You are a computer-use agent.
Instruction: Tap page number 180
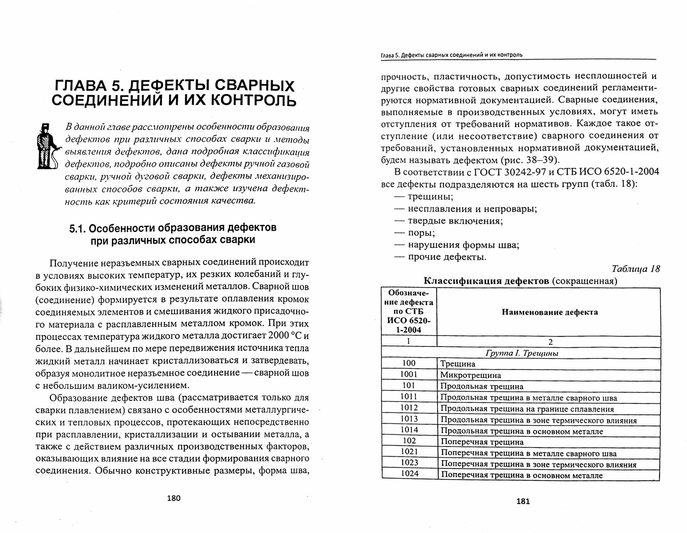pos(173,498)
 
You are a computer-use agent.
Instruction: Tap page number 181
pos(523,501)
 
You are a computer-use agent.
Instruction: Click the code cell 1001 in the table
pos(409,375)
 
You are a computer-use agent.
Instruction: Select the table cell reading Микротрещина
pos(471,375)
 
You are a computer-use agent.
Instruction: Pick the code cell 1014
pos(409,430)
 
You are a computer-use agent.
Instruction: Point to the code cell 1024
pos(409,474)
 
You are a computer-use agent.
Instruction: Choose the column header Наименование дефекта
pos(550,312)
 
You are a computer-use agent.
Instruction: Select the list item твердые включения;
pos(455,221)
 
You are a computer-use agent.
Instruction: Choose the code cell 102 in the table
pos(409,441)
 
